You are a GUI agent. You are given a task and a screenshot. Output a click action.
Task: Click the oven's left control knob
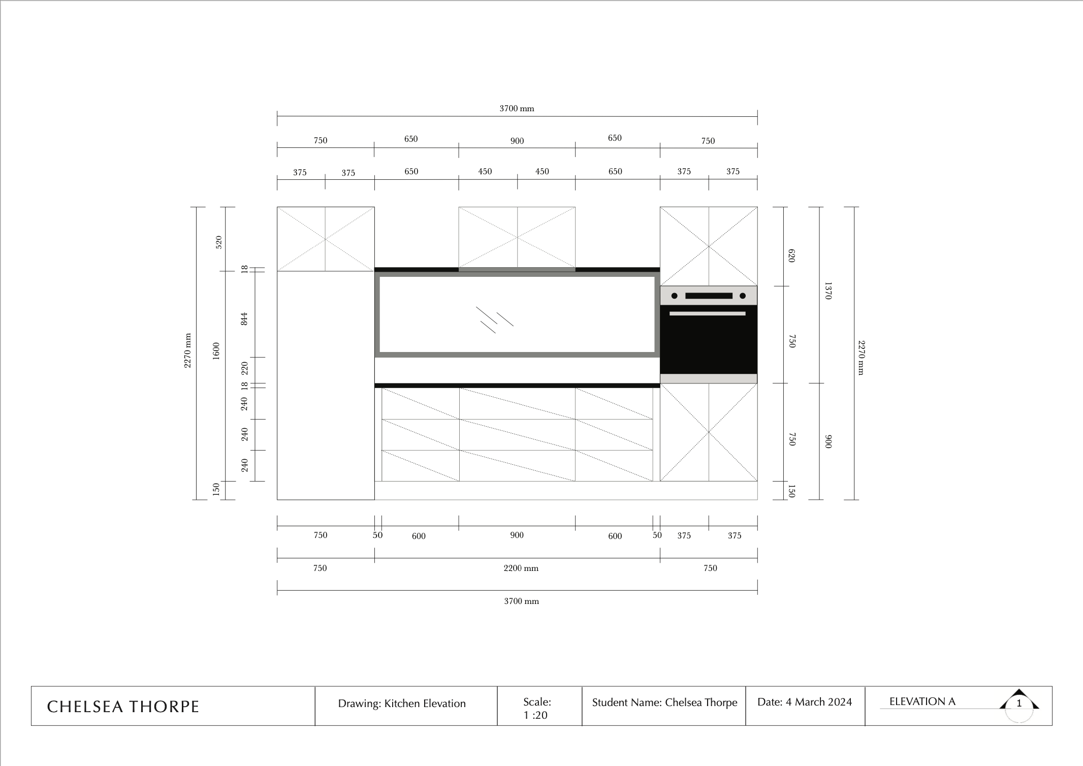pyautogui.click(x=675, y=296)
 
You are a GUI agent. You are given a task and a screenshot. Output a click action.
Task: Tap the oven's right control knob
pyautogui.click(x=742, y=296)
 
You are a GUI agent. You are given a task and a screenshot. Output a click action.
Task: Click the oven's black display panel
pyautogui.click(x=709, y=296)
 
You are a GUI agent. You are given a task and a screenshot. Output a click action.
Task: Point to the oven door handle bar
pyautogui.click(x=707, y=313)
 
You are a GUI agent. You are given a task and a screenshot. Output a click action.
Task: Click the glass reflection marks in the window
pyautogui.click(x=494, y=320)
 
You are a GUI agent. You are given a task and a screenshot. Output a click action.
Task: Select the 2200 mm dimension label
pyautogui.click(x=521, y=568)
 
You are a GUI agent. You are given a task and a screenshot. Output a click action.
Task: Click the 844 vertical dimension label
pyautogui.click(x=244, y=319)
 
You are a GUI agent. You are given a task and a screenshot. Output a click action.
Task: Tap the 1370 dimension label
pyautogui.click(x=827, y=291)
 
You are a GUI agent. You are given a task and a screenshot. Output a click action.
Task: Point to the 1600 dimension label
pyautogui.click(x=216, y=351)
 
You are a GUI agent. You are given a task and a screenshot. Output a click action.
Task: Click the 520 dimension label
pyautogui.click(x=219, y=242)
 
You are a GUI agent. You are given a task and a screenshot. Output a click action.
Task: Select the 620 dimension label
pyautogui.click(x=791, y=256)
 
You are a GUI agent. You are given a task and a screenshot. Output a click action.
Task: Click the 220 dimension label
pyautogui.click(x=244, y=368)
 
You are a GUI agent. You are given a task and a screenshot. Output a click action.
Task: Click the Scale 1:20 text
pyautogui.click(x=536, y=708)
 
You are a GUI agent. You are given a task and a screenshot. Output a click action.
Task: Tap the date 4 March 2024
pyautogui.click(x=804, y=701)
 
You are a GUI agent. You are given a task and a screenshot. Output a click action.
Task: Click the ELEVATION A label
pyautogui.click(x=922, y=701)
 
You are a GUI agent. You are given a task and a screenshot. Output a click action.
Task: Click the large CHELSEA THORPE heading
pyautogui.click(x=123, y=707)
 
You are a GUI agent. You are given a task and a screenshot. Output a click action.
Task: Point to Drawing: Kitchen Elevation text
pyautogui.click(x=401, y=704)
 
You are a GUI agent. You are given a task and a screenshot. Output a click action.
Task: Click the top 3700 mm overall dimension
pyautogui.click(x=517, y=108)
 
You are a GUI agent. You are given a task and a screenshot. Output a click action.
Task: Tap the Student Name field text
pyautogui.click(x=664, y=703)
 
